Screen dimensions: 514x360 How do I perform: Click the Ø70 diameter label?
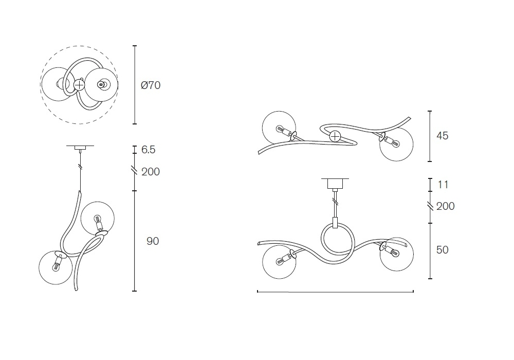click(151, 85)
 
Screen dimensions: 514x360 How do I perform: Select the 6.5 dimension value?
click(148, 150)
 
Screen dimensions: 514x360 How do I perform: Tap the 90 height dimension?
click(153, 241)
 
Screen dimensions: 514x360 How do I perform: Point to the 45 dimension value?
click(442, 136)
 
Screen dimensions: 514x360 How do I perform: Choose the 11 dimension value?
click(443, 185)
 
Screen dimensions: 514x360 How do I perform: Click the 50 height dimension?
click(442, 250)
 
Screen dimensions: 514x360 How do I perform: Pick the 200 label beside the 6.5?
click(151, 171)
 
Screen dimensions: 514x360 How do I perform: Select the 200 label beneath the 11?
click(446, 206)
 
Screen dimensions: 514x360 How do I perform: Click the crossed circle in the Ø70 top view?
click(79, 85)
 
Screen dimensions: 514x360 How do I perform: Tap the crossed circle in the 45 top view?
click(335, 136)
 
